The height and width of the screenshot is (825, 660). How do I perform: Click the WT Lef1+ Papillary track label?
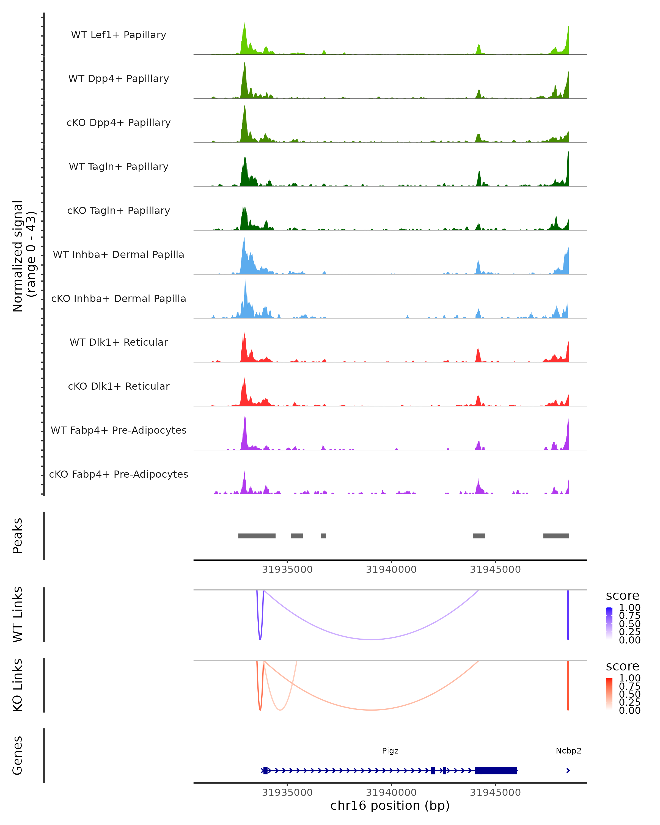pyautogui.click(x=119, y=35)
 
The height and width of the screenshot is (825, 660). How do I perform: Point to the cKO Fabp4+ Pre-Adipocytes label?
pyautogui.click(x=119, y=474)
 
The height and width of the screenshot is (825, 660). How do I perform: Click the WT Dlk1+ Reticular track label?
pyautogui.click(x=119, y=342)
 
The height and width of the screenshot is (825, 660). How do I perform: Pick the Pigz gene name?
pyautogui.click(x=390, y=751)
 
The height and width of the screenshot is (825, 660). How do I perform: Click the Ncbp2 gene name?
pyautogui.click(x=568, y=751)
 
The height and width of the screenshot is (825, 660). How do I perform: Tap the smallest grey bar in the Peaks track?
pyautogui.click(x=324, y=536)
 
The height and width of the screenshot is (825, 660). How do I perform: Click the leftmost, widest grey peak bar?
pyautogui.click(x=257, y=536)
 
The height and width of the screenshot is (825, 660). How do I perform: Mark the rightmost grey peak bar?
pyautogui.click(x=556, y=536)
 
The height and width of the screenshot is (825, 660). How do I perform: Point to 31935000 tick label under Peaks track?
pyautogui.click(x=287, y=570)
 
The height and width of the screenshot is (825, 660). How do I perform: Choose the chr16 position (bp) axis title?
pyautogui.click(x=390, y=806)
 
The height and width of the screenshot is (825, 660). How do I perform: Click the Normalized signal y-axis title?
pyautogui.click(x=24, y=256)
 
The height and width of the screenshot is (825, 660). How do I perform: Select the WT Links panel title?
pyautogui.click(x=18, y=615)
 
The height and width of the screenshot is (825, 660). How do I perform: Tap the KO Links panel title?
pyautogui.click(x=18, y=685)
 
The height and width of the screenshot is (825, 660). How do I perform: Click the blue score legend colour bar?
pyautogui.click(x=609, y=623)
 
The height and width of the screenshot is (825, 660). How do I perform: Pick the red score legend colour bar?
pyautogui.click(x=609, y=693)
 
